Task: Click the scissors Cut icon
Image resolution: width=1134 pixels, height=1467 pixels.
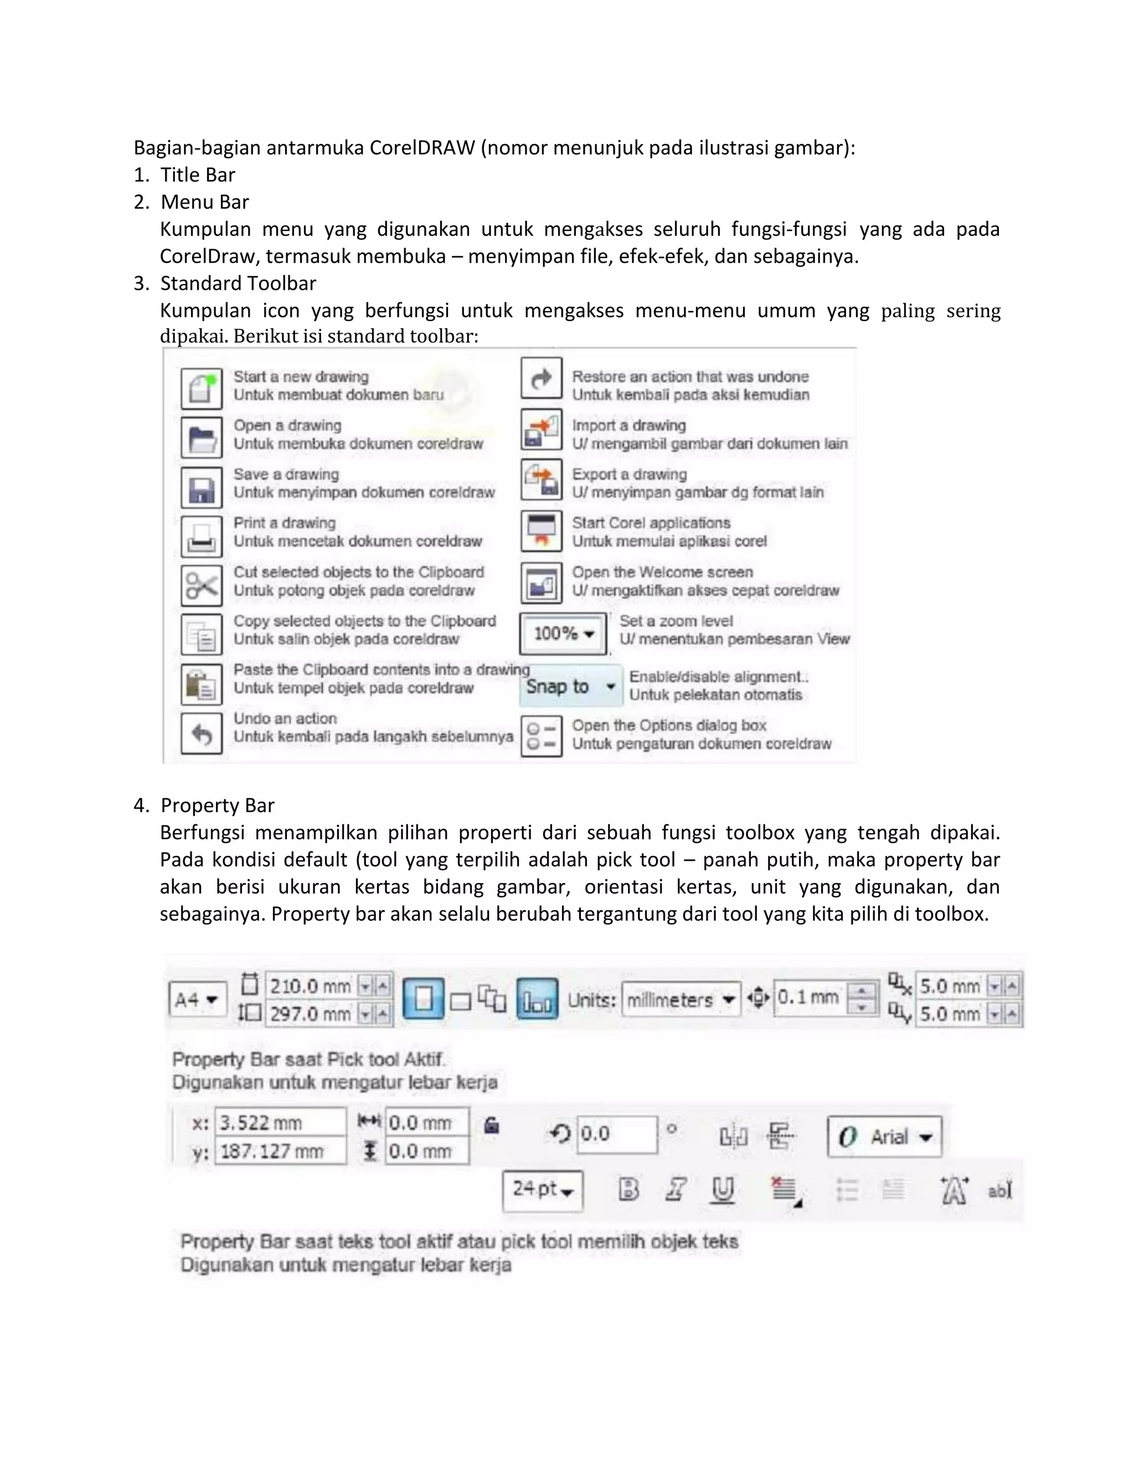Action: coord(201,585)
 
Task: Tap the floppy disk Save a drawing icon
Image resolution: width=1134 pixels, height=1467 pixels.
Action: coord(201,488)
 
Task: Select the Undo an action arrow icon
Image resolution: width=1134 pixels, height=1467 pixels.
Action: coord(201,733)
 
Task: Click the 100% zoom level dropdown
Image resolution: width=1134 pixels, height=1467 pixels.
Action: coord(563,633)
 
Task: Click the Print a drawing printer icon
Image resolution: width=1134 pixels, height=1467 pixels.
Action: coord(201,536)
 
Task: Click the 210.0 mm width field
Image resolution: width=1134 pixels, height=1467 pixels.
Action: coord(311,986)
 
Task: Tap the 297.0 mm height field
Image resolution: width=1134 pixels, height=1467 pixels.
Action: coord(311,1014)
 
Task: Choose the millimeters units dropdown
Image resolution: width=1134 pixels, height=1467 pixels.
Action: coord(680,1000)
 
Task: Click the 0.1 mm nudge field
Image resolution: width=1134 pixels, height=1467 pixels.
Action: coord(810,998)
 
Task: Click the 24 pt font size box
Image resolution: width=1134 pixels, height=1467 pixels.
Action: coord(542,1190)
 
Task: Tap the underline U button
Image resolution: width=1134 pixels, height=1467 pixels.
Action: coord(722,1190)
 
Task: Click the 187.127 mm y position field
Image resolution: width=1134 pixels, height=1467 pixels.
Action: coord(279,1151)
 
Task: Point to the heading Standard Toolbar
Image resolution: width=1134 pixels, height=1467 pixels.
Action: coord(238,283)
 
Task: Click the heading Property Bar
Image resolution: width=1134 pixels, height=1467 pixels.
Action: coord(218,805)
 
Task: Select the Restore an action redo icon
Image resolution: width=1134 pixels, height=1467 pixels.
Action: coord(541,378)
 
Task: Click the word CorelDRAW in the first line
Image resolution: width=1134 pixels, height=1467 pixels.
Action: coord(422,148)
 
